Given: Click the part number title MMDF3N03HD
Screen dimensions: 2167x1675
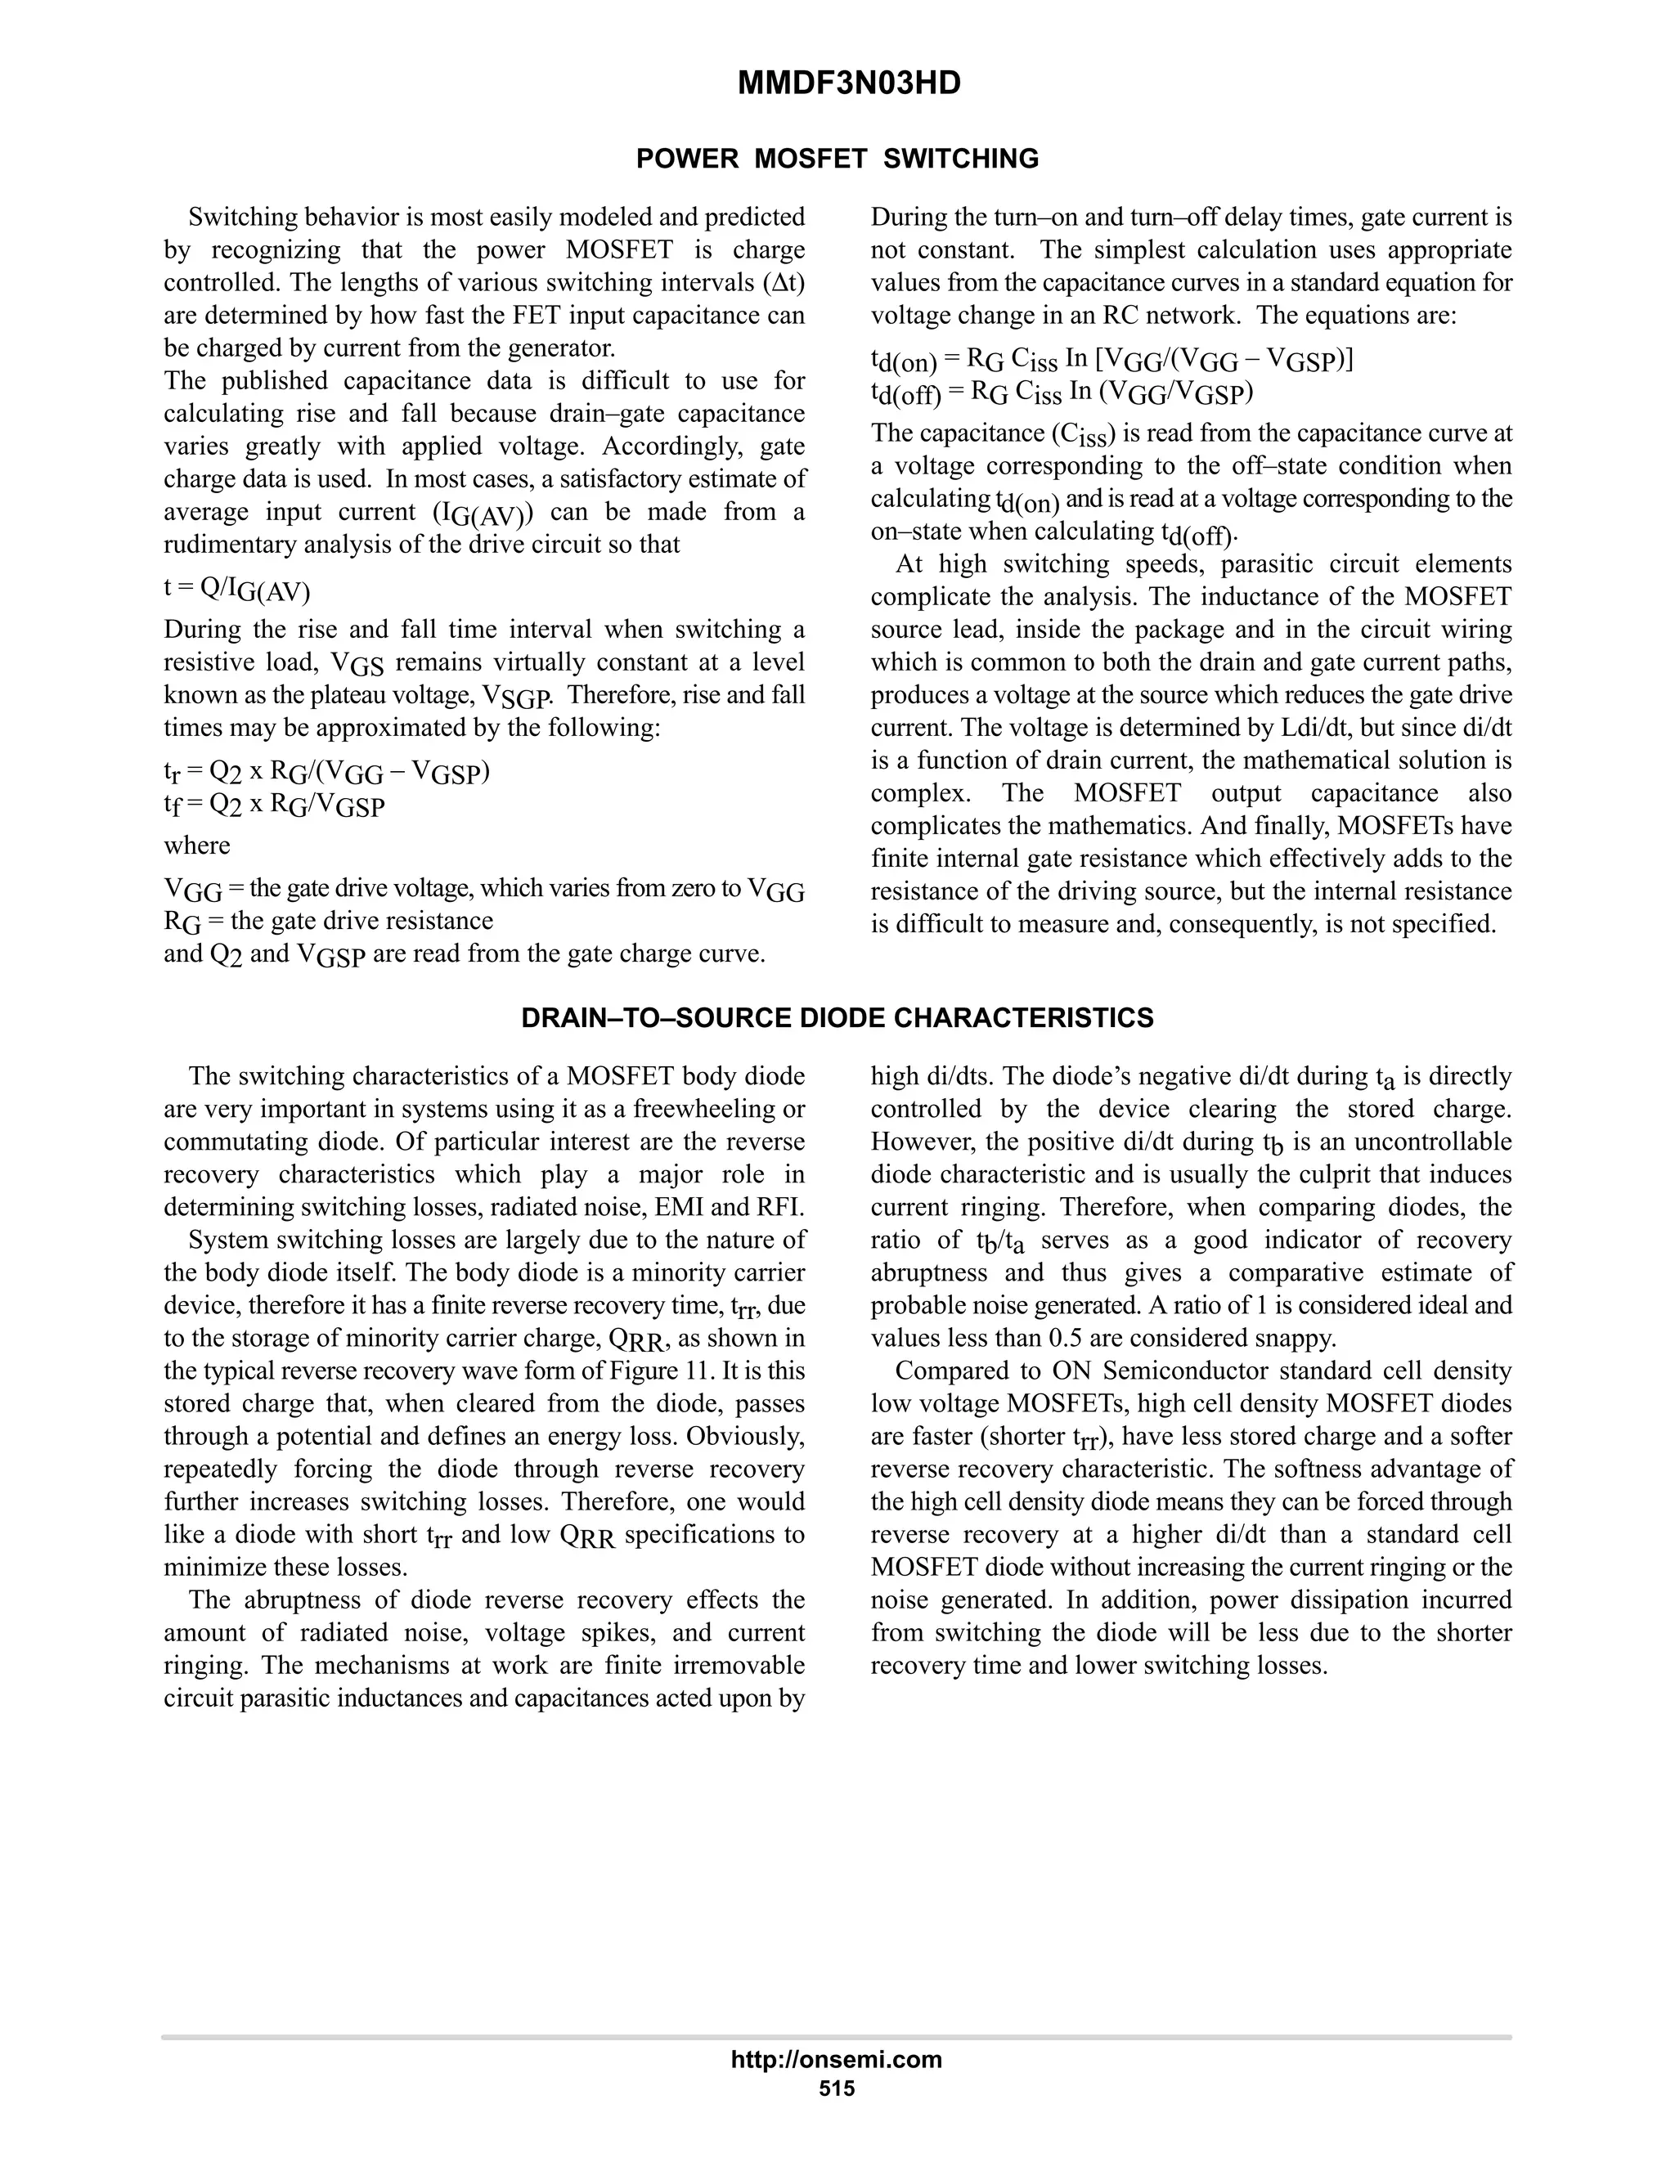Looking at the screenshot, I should coord(848,84).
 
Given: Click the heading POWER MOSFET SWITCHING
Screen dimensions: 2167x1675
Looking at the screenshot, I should coord(837,159).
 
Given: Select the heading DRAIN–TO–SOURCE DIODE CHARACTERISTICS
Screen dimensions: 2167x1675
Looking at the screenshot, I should coord(837,1018).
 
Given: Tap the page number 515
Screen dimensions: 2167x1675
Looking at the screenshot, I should coord(837,2088).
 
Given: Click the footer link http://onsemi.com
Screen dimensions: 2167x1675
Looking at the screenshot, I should coord(837,2059).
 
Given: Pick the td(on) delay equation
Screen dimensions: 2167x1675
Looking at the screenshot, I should coord(1111,360).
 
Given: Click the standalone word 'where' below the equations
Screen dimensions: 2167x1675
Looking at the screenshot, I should coord(196,846).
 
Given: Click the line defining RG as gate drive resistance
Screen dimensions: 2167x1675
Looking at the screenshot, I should coord(329,921).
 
